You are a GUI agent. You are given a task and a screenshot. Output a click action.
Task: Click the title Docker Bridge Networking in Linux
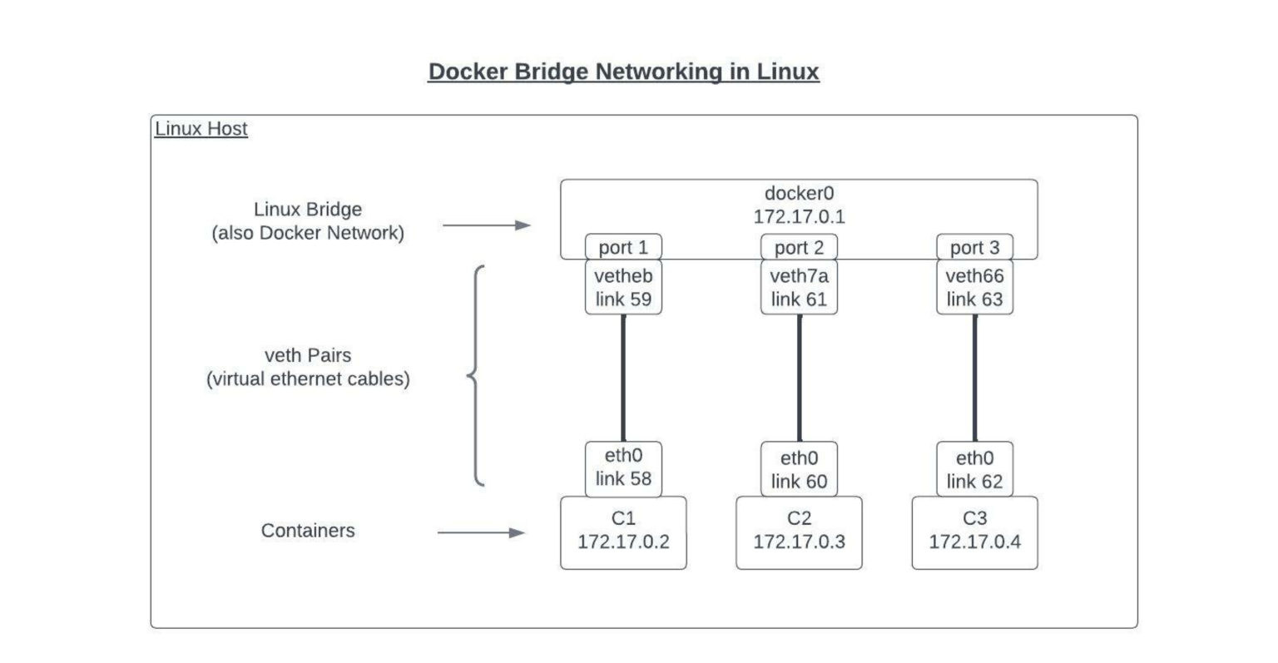click(623, 72)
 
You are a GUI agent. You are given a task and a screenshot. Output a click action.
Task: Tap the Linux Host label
click(201, 129)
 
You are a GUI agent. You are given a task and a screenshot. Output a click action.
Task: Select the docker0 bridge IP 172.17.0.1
click(799, 217)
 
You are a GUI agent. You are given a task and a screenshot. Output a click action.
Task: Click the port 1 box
click(623, 247)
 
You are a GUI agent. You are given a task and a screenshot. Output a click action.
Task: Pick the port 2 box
click(799, 247)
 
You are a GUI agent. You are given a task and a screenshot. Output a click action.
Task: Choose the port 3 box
click(974, 247)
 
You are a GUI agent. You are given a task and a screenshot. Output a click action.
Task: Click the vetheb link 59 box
click(623, 288)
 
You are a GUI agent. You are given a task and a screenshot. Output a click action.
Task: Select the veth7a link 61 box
click(799, 288)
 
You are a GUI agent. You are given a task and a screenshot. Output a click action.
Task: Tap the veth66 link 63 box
click(974, 288)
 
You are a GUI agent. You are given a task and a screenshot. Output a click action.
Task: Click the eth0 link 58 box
click(623, 468)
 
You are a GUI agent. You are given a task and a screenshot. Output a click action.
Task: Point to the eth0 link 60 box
click(799, 470)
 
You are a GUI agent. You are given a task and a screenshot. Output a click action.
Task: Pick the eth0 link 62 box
click(974, 470)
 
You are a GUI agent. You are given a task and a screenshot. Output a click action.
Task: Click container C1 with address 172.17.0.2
click(623, 532)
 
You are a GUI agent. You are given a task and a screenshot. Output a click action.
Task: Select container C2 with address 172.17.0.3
click(799, 532)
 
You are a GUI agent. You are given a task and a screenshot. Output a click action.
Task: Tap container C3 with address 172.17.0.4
click(974, 532)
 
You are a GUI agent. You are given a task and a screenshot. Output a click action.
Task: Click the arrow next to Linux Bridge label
click(487, 225)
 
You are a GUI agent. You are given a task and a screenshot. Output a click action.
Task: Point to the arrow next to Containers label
click(482, 532)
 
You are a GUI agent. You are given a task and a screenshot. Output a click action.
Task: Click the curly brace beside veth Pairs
click(475, 375)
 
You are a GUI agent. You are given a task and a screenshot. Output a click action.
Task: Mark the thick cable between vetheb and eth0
click(623, 378)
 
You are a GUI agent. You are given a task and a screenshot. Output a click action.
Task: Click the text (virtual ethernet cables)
click(308, 379)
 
